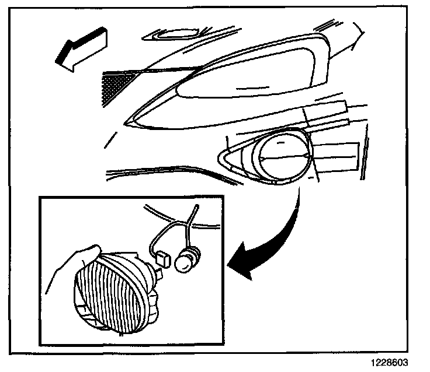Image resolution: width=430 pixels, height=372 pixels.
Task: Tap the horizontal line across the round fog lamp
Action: click(283, 157)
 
